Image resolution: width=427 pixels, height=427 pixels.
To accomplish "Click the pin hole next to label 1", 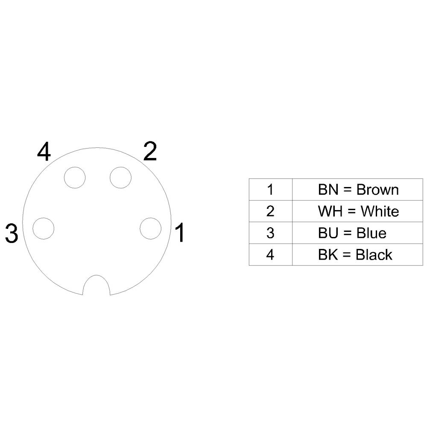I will (151, 228).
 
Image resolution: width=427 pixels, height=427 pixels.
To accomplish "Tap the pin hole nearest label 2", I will (120, 177).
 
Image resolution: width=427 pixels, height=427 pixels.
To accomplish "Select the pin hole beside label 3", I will (44, 228).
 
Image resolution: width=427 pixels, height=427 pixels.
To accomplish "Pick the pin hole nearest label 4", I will (74, 177).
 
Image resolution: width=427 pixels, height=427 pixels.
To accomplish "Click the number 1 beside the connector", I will (180, 233).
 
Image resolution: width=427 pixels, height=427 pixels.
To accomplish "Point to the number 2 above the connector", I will (150, 152).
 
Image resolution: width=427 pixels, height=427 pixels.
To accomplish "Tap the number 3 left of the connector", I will (12, 234).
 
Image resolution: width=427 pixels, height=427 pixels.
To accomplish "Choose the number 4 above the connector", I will (44, 152).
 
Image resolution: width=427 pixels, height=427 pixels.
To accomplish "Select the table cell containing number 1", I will (270, 190).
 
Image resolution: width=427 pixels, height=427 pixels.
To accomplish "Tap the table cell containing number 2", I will (270, 211).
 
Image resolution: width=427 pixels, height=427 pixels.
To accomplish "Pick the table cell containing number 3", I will (270, 233).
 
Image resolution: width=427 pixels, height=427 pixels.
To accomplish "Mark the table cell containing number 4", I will (270, 255).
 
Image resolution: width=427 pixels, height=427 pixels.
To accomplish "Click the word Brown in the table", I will (377, 190).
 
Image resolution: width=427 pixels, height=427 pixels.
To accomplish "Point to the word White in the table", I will (380, 211).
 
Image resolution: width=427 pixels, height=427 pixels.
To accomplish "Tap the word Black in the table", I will (374, 255).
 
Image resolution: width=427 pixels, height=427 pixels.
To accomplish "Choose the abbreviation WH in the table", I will (328, 211).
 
